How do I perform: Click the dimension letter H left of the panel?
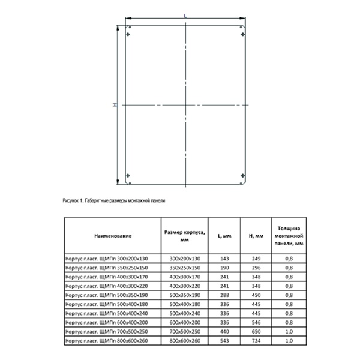point(114,105)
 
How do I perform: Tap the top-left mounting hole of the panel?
point(128,34)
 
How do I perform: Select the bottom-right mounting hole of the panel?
point(242,176)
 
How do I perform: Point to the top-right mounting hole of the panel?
point(242,34)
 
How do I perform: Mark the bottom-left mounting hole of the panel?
point(128,176)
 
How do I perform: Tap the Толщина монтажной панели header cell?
point(290,236)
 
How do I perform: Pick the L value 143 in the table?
point(218,258)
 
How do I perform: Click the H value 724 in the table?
point(251,341)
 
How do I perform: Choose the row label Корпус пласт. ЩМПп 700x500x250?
point(106,332)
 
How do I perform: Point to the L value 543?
point(218,341)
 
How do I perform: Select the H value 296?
point(251,267)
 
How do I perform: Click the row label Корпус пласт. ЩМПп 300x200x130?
point(106,258)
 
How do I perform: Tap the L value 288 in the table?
point(218,295)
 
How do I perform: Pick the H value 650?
point(251,332)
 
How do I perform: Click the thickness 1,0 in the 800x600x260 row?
point(290,341)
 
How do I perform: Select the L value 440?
point(218,332)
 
